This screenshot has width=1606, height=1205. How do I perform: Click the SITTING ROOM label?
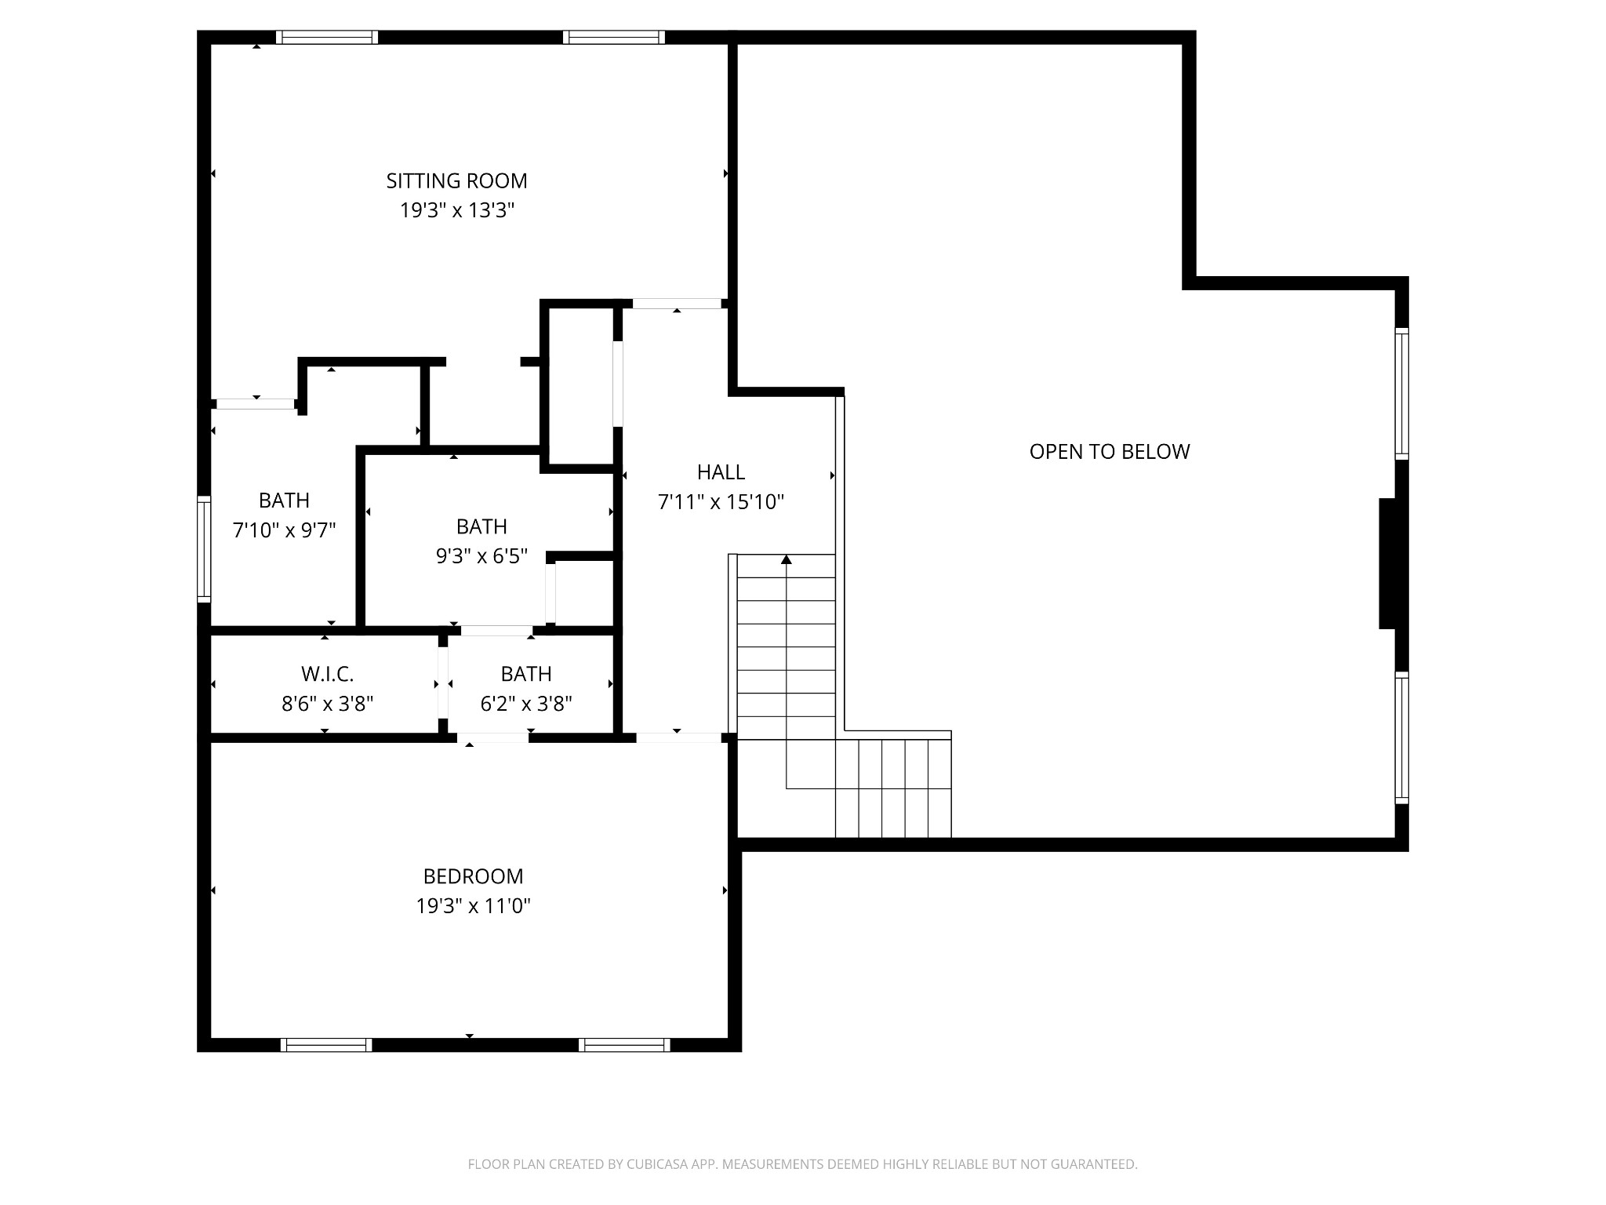point(456,181)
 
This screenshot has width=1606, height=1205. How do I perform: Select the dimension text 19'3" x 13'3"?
point(456,211)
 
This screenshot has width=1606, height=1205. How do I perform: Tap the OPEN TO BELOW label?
point(1109,452)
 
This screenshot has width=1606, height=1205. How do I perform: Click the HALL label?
point(721,472)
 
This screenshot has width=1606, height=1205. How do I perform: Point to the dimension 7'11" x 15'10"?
point(721,502)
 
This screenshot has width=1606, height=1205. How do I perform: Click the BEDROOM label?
point(473,876)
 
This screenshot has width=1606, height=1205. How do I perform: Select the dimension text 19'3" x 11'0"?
point(473,907)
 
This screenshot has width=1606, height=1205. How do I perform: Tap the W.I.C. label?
point(327,674)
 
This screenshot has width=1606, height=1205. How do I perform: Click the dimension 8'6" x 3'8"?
point(327,704)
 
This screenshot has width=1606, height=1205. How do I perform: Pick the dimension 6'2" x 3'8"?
point(526,704)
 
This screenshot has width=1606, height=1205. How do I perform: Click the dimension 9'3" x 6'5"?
point(481,556)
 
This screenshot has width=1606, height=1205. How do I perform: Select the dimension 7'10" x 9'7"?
point(284,530)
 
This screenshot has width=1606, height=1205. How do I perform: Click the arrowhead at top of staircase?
point(787,559)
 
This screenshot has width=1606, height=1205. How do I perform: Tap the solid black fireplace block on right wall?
point(1387,563)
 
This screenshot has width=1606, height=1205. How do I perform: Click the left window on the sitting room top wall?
point(327,37)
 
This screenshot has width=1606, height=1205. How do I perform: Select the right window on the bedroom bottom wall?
point(624,1044)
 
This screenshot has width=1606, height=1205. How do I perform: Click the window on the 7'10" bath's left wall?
point(204,549)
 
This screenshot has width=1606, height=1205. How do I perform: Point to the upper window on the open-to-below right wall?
point(1401,393)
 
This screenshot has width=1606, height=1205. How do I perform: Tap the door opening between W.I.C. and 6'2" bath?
point(443,683)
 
